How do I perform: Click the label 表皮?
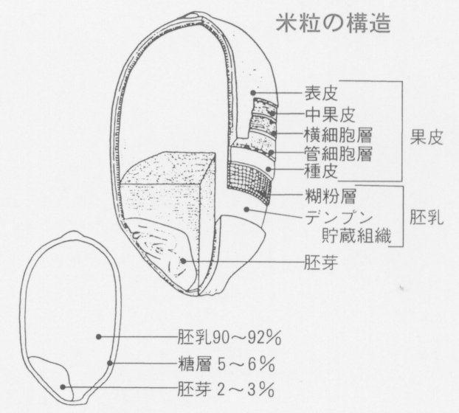tap(321, 94)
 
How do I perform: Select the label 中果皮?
tap(329, 114)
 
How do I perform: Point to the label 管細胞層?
tap(338, 153)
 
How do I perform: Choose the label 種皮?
tap(321, 173)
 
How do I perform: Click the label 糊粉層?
tap(329, 198)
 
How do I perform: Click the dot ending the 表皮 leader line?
tap(253, 94)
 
